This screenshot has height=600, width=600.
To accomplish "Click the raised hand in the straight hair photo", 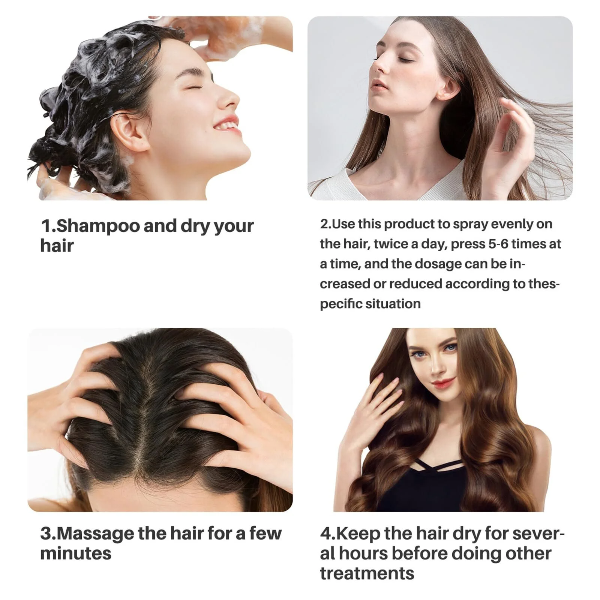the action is [x=514, y=142].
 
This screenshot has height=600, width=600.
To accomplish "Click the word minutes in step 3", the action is [x=76, y=553].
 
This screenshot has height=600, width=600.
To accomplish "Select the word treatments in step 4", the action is [x=367, y=573].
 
